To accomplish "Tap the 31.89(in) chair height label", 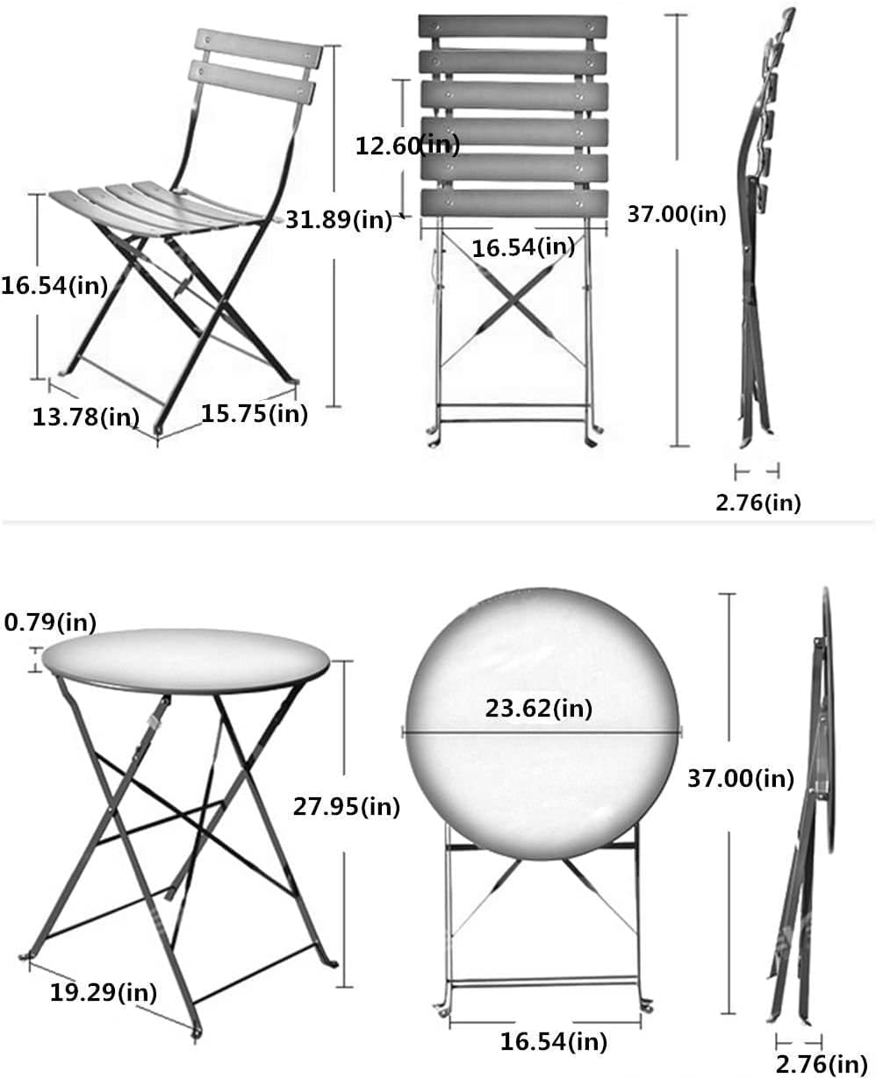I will click(x=339, y=219).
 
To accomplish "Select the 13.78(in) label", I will click(x=86, y=417).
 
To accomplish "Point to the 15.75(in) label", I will click(x=255, y=413).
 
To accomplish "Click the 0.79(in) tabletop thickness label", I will click(x=50, y=622).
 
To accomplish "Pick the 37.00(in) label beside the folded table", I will click(x=741, y=777).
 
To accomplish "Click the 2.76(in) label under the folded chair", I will click(x=757, y=503).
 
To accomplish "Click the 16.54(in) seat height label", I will click(x=54, y=285).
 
